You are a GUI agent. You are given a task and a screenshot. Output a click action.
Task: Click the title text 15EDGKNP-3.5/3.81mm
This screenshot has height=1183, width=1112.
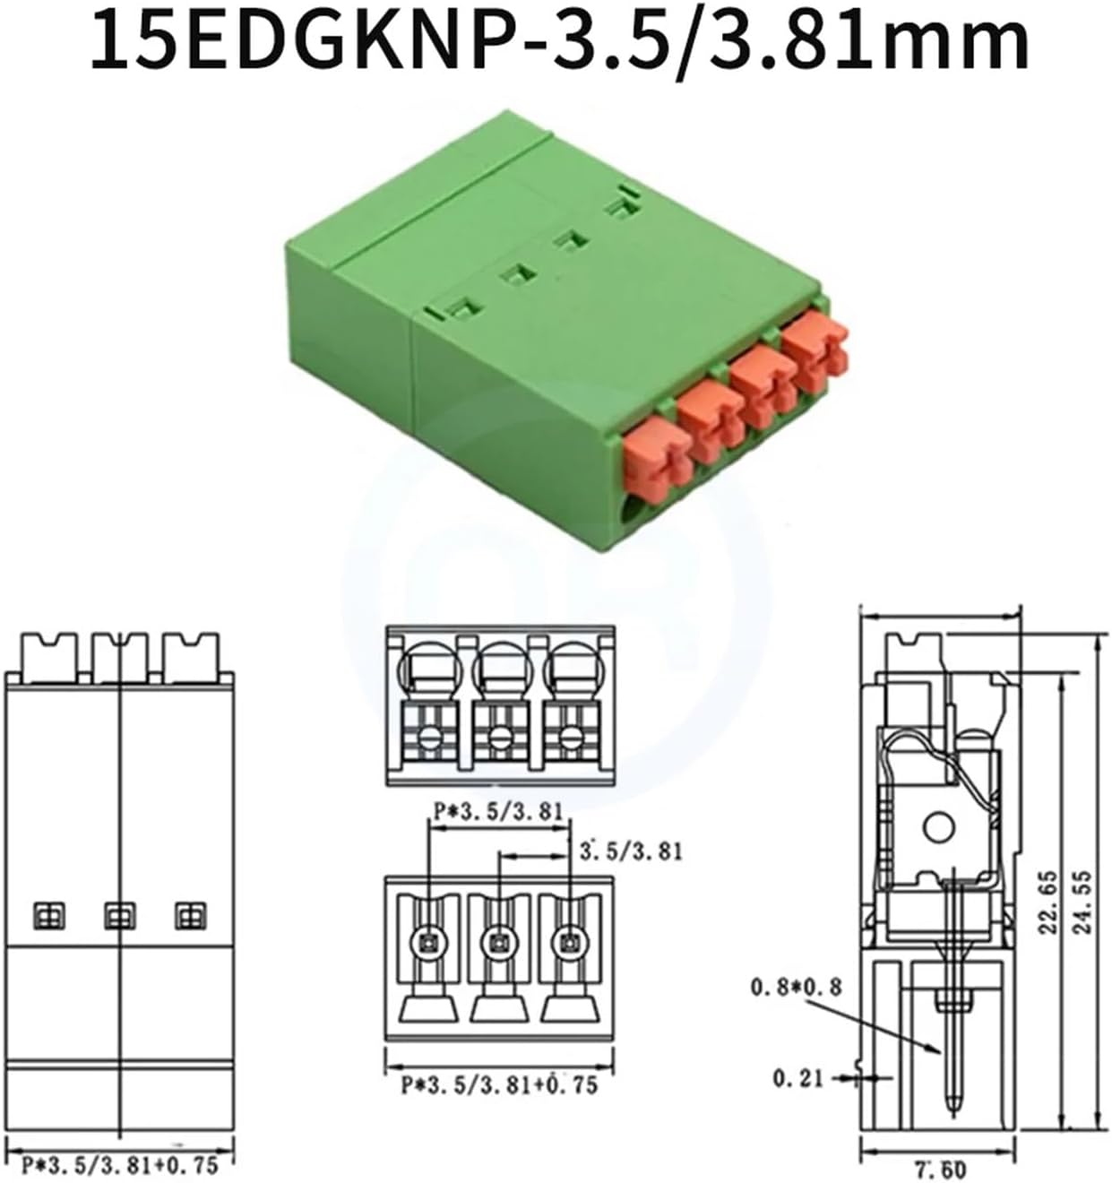pyautogui.click(x=559, y=40)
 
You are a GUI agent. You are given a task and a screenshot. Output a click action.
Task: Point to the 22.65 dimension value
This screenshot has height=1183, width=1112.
pyautogui.click(x=1049, y=901)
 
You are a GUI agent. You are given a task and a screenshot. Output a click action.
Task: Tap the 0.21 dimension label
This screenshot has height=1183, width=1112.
pyautogui.click(x=798, y=1077)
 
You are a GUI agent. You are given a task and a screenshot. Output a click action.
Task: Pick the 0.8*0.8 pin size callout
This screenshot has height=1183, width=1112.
pyautogui.click(x=796, y=987)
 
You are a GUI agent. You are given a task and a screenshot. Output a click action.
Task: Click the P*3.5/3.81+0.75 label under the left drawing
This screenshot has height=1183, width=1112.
pyautogui.click(x=120, y=1165)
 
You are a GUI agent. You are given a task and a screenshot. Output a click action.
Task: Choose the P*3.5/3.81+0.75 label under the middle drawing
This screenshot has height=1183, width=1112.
pyautogui.click(x=499, y=1085)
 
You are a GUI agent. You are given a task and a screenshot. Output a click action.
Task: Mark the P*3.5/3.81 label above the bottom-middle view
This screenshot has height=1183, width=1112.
pyautogui.click(x=498, y=811)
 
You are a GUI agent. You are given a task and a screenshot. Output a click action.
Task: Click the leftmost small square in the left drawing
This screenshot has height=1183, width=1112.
pyautogui.click(x=48, y=916)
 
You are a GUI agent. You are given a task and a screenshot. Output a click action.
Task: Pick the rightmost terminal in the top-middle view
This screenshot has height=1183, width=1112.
pyautogui.click(x=570, y=708)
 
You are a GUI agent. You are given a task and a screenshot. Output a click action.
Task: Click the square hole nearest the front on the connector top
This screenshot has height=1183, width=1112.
pyautogui.click(x=461, y=307)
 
